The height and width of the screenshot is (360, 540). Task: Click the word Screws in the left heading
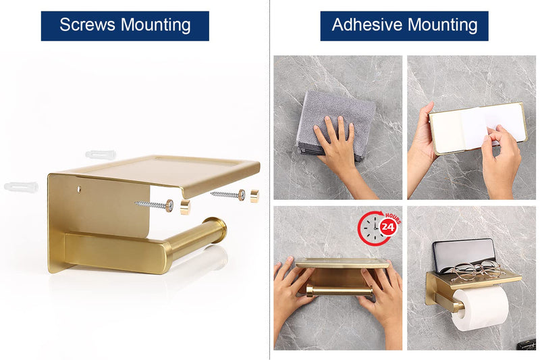tap(88, 25)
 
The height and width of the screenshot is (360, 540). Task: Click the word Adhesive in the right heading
tap(367, 24)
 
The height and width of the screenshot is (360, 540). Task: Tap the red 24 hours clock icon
tap(379, 228)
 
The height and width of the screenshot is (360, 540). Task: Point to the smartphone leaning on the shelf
tap(464, 255)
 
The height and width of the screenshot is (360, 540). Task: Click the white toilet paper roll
tap(480, 307)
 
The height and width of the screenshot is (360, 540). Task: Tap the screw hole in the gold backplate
tap(79, 189)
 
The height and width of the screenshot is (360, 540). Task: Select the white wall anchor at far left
tap(22, 186)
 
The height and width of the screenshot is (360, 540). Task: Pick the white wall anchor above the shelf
tap(101, 155)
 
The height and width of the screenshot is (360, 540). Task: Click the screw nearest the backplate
tap(155, 205)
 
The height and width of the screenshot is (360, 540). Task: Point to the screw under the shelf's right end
tap(228, 195)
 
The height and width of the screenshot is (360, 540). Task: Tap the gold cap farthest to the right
tap(254, 196)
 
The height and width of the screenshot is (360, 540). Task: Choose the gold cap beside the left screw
tap(185, 207)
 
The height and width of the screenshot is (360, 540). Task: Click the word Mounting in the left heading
tap(156, 25)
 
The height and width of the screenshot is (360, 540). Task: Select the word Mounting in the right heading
tap(443, 25)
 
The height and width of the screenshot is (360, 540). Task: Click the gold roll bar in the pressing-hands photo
tap(339, 291)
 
